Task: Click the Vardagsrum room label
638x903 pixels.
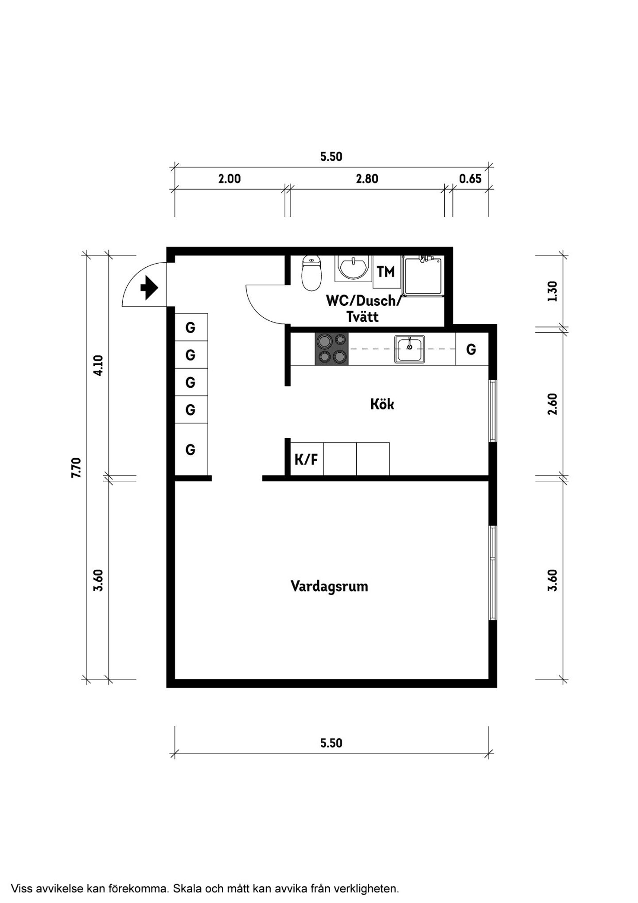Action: click(329, 586)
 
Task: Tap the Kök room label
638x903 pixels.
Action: click(382, 404)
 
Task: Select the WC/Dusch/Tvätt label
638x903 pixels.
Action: click(363, 308)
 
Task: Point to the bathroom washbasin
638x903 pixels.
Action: click(353, 269)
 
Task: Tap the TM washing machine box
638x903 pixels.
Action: click(385, 272)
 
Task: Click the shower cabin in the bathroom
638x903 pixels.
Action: click(423, 276)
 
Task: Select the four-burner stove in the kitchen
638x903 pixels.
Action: click(331, 349)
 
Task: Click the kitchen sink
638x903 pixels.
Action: click(410, 349)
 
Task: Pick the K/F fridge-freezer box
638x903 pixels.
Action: click(307, 459)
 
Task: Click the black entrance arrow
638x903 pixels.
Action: click(149, 288)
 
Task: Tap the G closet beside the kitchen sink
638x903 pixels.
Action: click(471, 349)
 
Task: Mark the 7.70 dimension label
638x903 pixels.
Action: click(76, 467)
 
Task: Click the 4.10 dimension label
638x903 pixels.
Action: click(98, 366)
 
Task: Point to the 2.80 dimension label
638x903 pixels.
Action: click(367, 179)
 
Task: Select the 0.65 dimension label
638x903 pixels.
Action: click(470, 179)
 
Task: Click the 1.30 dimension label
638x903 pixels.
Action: click(552, 292)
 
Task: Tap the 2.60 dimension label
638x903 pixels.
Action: click(552, 404)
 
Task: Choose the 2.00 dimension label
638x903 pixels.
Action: click(230, 179)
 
